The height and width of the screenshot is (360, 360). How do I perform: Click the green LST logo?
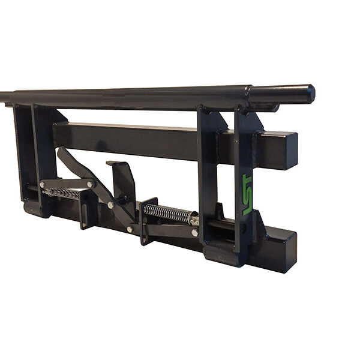(x=247, y=194)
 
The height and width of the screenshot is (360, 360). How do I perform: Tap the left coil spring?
(x=64, y=193)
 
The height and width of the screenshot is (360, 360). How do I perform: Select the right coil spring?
(x=167, y=213)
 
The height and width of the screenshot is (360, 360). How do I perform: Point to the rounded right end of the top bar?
(x=310, y=94)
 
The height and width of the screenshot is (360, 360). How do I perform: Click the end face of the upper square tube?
(x=292, y=151)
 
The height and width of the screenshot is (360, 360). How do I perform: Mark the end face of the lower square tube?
(x=290, y=251)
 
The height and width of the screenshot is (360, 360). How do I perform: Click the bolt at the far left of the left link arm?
(x=42, y=185)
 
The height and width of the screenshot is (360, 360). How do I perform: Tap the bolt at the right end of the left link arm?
(x=90, y=184)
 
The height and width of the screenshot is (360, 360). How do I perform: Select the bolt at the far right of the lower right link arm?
(x=195, y=233)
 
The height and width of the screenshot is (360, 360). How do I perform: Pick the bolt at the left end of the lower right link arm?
(x=130, y=229)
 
